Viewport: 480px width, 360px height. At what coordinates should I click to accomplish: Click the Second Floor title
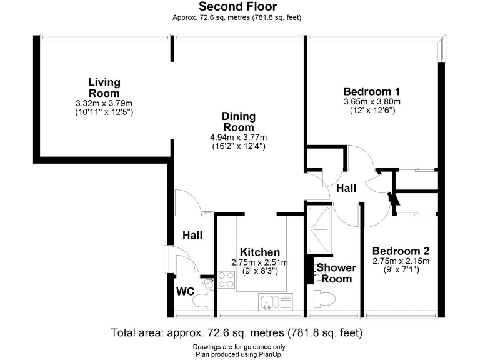(237, 7)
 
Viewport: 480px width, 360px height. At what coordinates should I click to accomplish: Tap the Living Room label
(104, 87)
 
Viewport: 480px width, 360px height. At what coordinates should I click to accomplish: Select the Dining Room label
(238, 122)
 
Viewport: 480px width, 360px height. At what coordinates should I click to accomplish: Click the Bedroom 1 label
(372, 90)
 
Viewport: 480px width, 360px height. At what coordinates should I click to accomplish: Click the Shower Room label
(336, 273)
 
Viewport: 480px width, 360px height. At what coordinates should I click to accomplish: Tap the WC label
(186, 292)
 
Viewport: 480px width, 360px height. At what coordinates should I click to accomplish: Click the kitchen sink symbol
(275, 302)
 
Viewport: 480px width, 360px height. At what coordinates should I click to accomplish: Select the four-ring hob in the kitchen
(226, 279)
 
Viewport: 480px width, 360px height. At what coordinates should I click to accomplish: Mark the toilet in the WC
(202, 301)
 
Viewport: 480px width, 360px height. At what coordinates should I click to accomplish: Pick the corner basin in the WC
(207, 283)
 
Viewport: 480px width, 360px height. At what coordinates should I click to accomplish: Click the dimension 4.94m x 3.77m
(238, 137)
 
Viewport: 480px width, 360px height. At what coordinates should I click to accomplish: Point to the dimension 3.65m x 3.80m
(372, 101)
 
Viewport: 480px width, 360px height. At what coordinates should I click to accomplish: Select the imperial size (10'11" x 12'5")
(104, 112)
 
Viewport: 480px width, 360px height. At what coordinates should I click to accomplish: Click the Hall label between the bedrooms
(346, 187)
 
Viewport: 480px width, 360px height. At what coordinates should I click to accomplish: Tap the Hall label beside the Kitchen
(192, 235)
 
